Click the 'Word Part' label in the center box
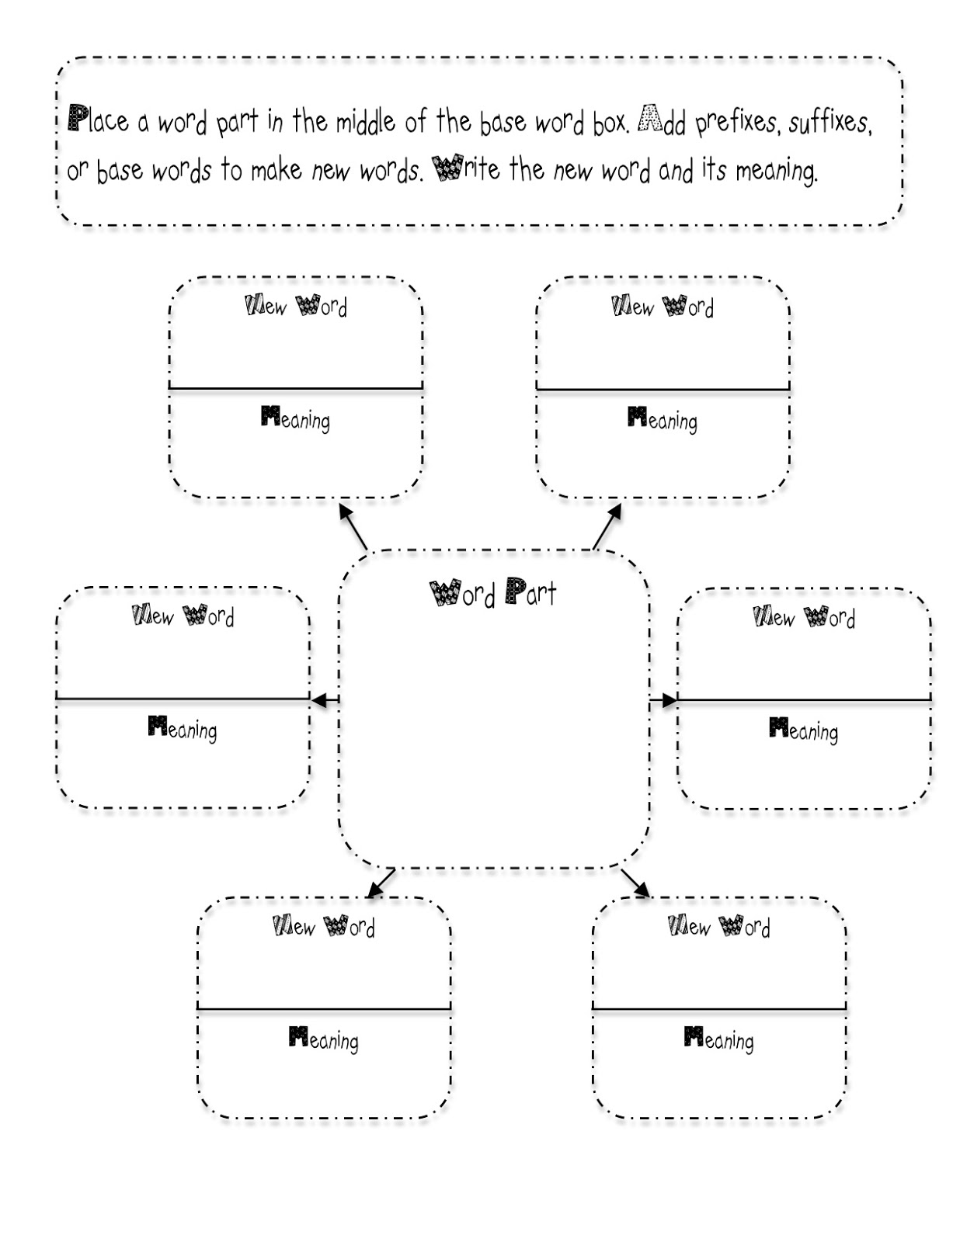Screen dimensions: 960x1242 tap(493, 593)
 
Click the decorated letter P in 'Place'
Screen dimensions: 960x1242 tap(77, 117)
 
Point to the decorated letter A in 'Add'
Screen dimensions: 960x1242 tap(649, 120)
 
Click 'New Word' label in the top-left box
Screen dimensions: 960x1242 tap(296, 306)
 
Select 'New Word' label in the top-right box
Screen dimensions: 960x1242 tap(663, 307)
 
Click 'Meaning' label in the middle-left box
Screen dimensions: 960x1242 tap(183, 728)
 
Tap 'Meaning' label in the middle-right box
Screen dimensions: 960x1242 tap(804, 730)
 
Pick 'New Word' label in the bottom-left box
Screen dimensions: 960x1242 tap(324, 926)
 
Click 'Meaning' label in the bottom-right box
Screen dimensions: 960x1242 tap(719, 1039)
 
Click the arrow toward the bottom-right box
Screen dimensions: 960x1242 tap(635, 883)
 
